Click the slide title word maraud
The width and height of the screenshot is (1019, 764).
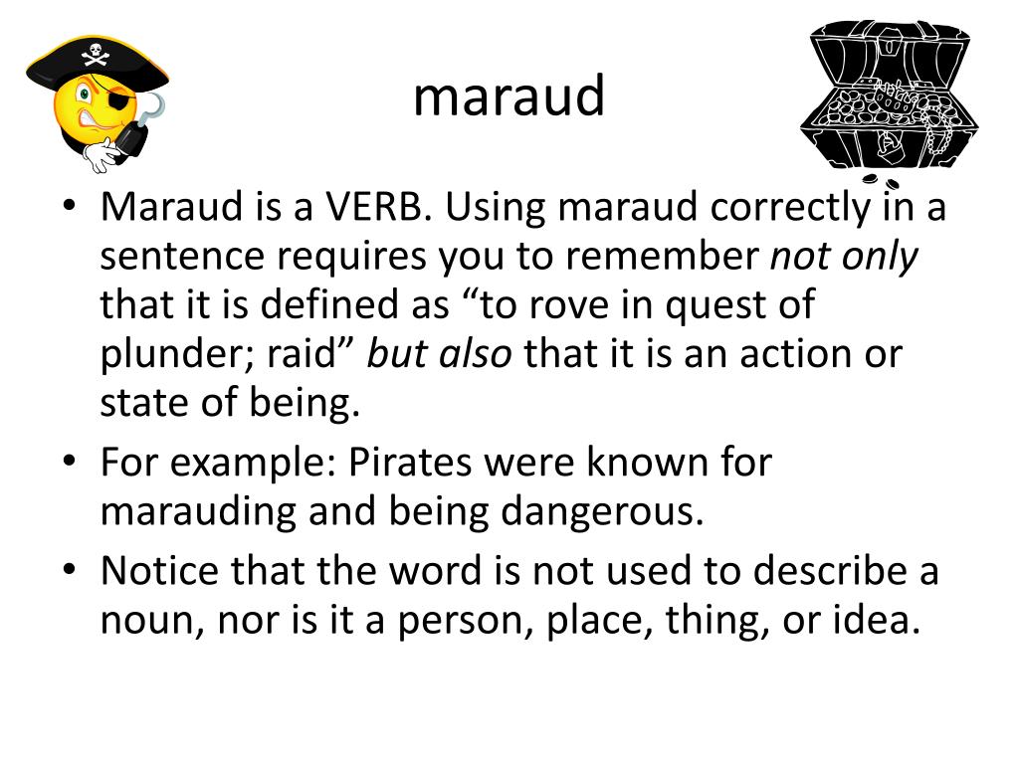tap(509, 96)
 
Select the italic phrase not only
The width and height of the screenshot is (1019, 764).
tap(844, 257)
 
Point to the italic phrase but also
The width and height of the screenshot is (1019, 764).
tap(439, 355)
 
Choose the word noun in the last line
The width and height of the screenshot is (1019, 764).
tap(141, 621)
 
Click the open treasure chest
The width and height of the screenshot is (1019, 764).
tap(889, 99)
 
